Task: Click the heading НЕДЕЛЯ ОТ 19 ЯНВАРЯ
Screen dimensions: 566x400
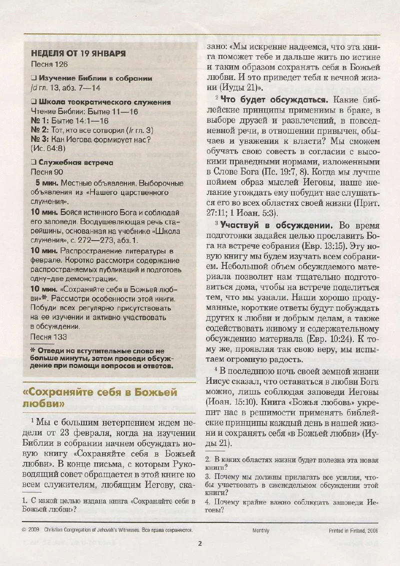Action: tap(78, 53)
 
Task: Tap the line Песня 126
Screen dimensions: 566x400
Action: tap(49, 64)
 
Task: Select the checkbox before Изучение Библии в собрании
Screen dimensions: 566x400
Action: tap(33, 78)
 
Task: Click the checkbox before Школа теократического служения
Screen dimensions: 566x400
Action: tap(33, 102)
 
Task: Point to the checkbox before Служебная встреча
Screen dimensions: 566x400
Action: tap(33, 162)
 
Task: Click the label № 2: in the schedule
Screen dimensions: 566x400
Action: tap(40, 129)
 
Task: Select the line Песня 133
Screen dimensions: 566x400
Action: tap(49, 336)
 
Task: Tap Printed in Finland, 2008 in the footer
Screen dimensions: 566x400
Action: tap(353, 530)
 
